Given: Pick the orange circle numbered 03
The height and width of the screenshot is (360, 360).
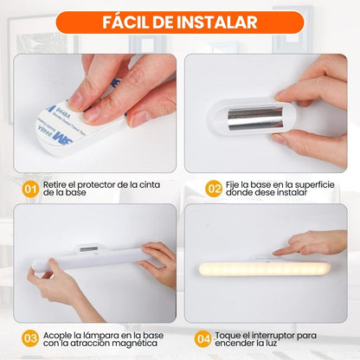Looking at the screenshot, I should tap(29, 338).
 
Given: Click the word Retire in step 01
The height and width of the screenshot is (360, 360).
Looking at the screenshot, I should tap(58, 183).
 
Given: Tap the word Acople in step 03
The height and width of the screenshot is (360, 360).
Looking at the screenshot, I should tap(61, 333).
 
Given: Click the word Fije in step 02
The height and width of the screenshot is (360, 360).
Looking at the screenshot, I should tap(236, 183).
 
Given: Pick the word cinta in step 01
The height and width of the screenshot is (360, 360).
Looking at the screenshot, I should tap(160, 183).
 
